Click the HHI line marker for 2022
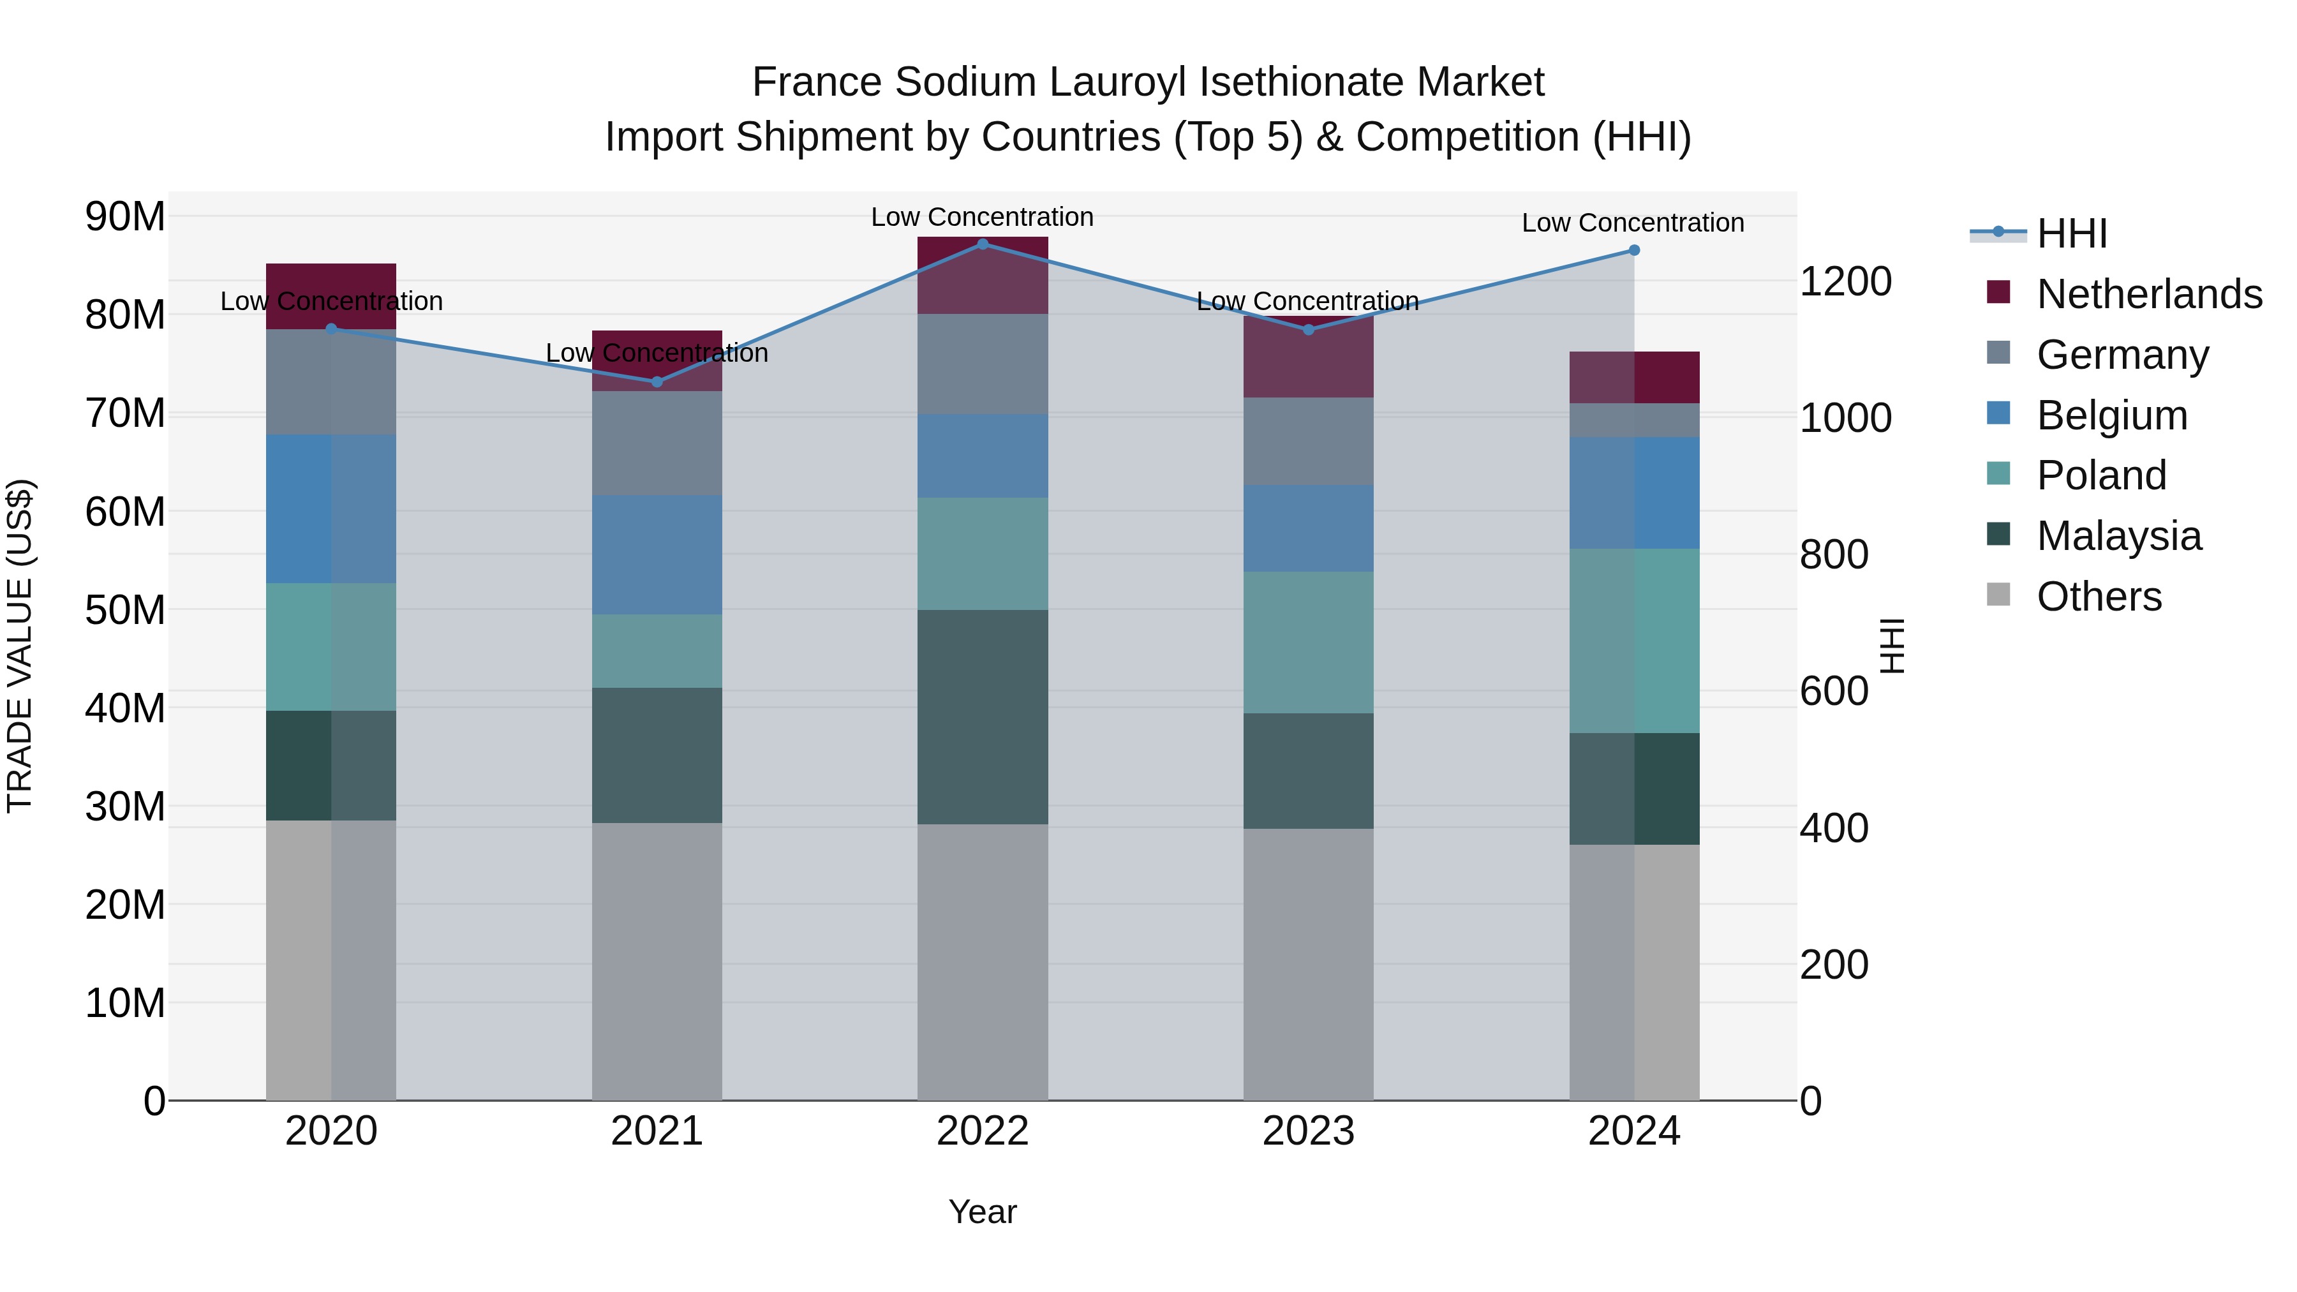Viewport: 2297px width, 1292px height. pos(983,244)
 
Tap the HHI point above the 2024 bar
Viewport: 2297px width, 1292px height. pos(1633,251)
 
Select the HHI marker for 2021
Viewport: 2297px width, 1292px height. pos(657,382)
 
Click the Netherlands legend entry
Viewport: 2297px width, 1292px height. pos(2149,294)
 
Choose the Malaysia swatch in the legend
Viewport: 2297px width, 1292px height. pos(1999,535)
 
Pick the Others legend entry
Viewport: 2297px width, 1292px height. pos(2099,597)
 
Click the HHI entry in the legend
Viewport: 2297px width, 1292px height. pos(2071,234)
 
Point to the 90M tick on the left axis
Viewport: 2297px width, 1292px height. pos(125,217)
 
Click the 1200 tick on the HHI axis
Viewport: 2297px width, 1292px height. pos(1845,282)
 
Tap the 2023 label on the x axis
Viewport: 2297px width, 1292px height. pos(1308,1131)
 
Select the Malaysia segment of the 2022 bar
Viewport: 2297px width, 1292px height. pos(983,717)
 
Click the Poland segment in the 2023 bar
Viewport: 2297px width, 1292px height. pos(1308,642)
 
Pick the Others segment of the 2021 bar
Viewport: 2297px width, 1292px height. pos(657,962)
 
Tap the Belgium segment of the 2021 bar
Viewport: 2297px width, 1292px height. pos(657,554)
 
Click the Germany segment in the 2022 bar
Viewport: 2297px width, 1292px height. pos(983,364)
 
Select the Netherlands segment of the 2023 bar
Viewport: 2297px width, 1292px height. pos(1308,357)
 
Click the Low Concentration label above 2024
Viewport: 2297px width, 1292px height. pos(1633,223)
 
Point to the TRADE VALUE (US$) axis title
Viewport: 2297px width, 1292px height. pos(20,646)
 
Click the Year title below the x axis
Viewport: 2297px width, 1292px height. pos(983,1212)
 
